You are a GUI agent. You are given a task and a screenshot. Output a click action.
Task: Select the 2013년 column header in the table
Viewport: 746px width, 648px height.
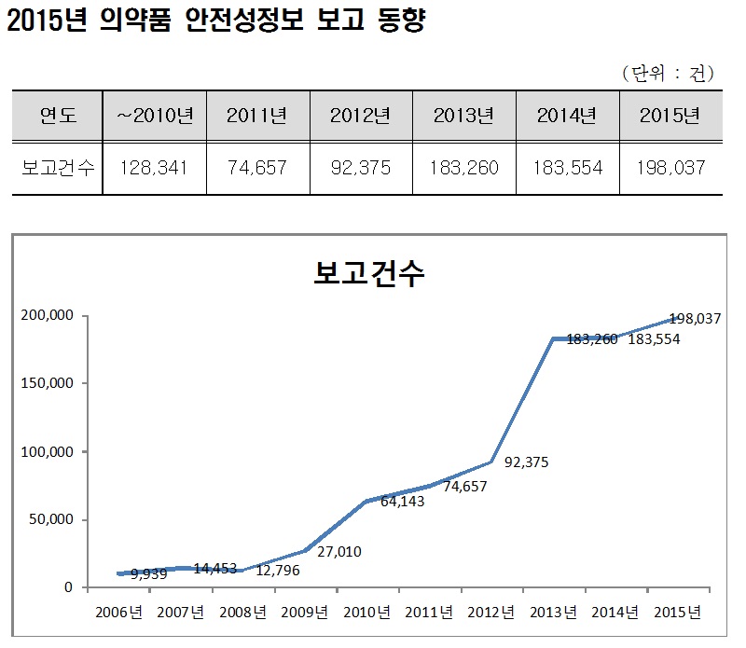point(463,116)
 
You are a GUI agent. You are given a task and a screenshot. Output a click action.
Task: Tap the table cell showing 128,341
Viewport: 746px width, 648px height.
point(154,168)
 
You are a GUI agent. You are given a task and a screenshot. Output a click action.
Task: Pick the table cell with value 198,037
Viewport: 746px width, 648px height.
point(670,168)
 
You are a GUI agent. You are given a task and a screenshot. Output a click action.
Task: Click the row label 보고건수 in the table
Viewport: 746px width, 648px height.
point(58,168)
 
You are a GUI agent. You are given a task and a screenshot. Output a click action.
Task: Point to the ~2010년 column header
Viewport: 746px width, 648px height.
point(154,116)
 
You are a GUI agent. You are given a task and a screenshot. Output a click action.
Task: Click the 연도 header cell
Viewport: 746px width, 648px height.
point(58,116)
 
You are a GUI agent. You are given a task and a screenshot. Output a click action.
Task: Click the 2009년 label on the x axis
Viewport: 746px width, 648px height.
point(304,613)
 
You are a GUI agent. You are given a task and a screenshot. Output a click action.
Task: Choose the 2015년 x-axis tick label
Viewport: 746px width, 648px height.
point(676,613)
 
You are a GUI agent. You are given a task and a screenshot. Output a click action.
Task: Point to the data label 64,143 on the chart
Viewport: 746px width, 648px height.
point(403,502)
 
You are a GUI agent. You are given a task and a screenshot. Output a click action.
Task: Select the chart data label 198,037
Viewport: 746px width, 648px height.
point(696,318)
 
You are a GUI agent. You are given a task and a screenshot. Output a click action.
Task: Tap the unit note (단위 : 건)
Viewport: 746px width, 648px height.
point(666,74)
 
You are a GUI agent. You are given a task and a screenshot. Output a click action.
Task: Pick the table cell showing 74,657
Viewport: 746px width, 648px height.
point(256,168)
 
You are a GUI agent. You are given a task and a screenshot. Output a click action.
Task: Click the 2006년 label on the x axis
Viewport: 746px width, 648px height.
point(117,613)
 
